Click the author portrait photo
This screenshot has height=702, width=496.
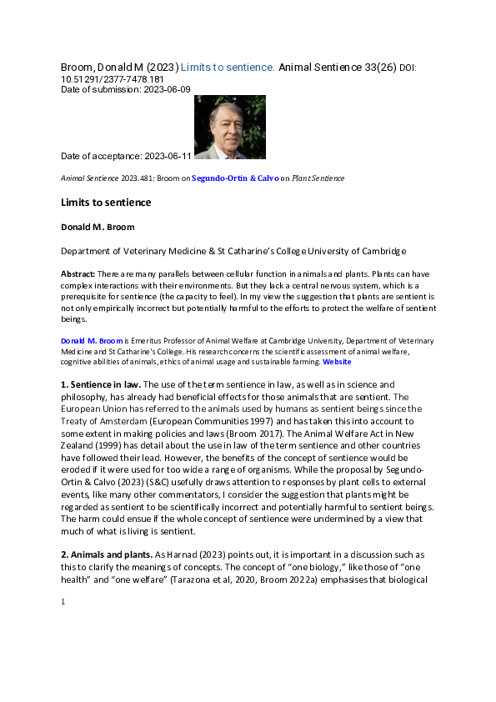[x=229, y=127]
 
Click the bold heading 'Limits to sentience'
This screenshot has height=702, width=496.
[x=106, y=203]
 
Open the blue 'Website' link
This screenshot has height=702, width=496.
[x=337, y=362]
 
